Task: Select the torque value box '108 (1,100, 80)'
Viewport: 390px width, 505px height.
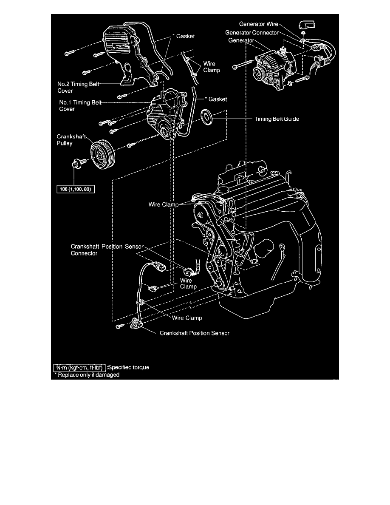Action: (76, 189)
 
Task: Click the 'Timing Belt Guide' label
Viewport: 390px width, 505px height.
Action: (277, 119)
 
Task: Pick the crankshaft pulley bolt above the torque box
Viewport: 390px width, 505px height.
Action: (79, 162)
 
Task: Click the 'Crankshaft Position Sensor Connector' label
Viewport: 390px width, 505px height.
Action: (108, 250)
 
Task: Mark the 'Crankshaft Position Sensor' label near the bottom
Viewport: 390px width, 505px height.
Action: (195, 333)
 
